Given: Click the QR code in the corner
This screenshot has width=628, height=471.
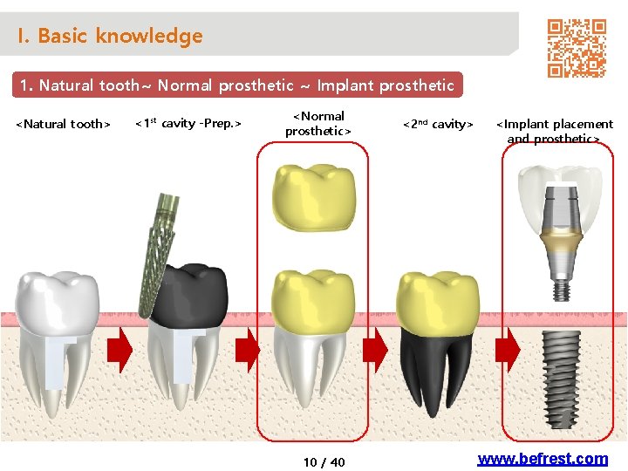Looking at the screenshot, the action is click(576, 48).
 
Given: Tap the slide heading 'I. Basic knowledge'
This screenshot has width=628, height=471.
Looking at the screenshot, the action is click(109, 36).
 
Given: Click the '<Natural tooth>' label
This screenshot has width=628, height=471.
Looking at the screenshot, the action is click(64, 124).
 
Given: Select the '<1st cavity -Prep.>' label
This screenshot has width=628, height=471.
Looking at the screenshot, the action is click(188, 123).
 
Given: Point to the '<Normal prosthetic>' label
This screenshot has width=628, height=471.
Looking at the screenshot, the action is click(317, 123).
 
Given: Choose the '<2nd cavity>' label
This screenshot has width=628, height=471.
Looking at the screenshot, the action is click(437, 124).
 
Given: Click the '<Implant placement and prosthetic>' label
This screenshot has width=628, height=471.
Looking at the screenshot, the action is click(554, 131).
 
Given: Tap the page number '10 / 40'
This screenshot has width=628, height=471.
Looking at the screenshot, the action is click(324, 461).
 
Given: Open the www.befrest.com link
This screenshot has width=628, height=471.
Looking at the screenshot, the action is click(543, 459).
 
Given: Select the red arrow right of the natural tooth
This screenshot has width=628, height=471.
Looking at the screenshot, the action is click(119, 350).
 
